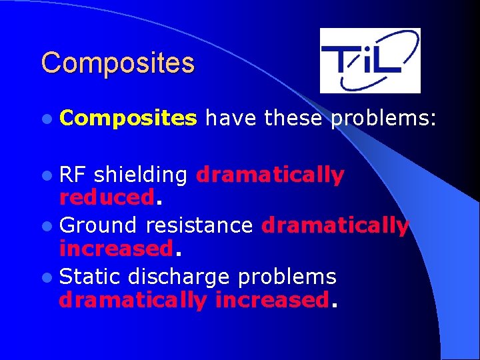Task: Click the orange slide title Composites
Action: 117,63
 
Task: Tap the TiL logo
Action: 370,61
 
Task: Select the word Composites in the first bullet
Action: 128,119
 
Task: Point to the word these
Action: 293,119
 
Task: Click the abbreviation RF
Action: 73,175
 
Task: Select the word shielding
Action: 141,176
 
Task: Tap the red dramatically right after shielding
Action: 270,175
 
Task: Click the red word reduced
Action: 107,197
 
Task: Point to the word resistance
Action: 199,226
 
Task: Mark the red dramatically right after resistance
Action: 335,226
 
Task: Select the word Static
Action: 91,277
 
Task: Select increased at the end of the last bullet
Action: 271,300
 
